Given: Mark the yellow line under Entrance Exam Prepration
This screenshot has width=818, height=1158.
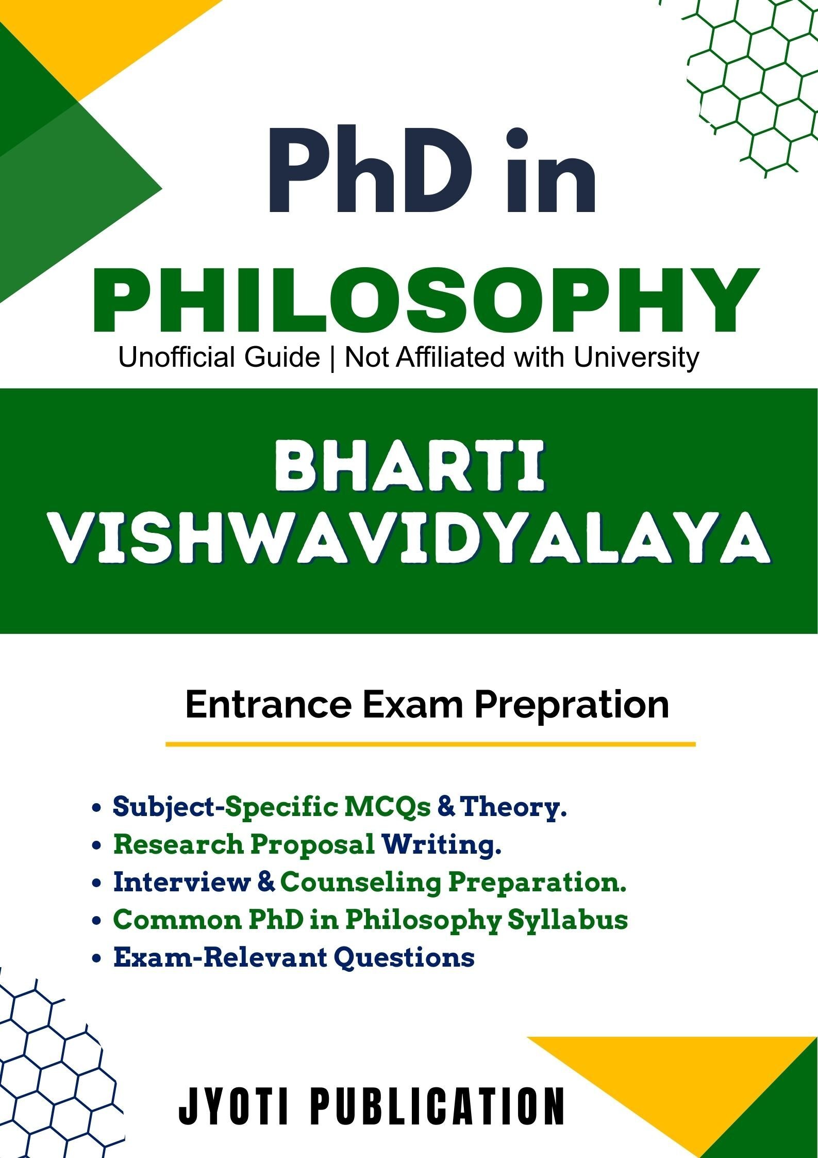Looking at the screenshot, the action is click(x=430, y=744).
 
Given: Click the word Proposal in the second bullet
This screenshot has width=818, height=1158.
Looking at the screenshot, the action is click(x=312, y=846).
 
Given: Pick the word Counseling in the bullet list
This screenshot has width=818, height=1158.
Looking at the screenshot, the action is click(x=360, y=884).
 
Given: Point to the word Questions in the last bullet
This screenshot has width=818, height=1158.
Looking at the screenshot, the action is click(x=404, y=958).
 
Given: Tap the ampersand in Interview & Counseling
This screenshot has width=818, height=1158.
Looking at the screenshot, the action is click(x=265, y=883).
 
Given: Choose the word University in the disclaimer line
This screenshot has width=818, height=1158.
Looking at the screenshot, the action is click(x=636, y=357).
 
